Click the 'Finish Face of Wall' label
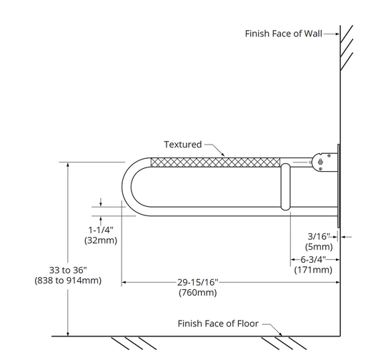click(283, 34)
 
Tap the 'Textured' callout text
click(183, 145)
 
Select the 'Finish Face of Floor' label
click(218, 323)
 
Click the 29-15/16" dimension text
click(198, 282)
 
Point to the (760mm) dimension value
click(198, 292)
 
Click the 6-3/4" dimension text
click(313, 260)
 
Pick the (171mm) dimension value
click(313, 270)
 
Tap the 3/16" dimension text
click(319, 236)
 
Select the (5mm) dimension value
click(319, 247)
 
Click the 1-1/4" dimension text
click(101, 230)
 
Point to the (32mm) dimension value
click(101, 240)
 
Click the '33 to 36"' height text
click(68, 270)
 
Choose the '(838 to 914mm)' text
click(68, 281)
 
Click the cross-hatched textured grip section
click(215, 162)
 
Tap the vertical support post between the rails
click(285, 187)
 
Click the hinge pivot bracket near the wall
click(325, 162)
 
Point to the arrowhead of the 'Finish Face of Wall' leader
click(337, 34)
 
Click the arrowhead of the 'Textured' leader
click(223, 154)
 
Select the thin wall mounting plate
click(339, 186)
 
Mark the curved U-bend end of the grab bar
click(127, 187)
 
